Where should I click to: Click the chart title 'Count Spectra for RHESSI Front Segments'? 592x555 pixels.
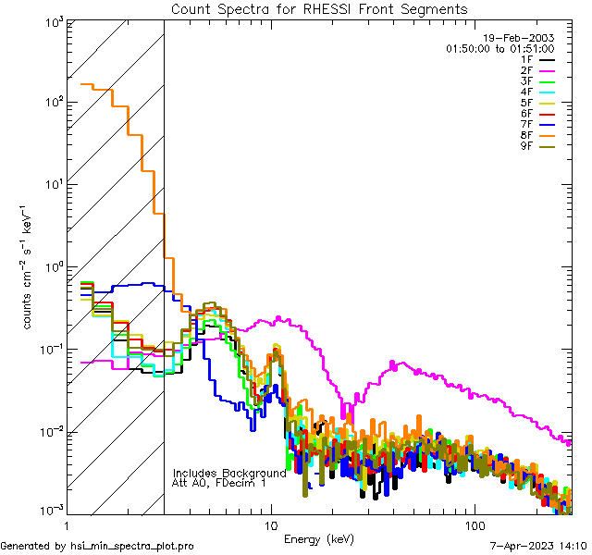point(319,9)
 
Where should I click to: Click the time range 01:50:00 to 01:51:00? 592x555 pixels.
point(499,48)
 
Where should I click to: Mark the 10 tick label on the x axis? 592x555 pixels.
point(271,524)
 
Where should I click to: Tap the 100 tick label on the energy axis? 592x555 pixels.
point(474,524)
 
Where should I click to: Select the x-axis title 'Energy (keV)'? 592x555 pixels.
point(320,538)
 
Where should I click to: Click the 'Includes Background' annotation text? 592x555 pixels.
point(229,473)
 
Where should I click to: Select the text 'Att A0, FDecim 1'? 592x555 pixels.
point(219,483)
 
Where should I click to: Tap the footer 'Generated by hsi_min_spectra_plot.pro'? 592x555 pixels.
point(97,547)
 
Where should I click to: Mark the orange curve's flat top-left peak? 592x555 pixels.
point(88,85)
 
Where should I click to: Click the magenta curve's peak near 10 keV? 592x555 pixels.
point(264,320)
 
